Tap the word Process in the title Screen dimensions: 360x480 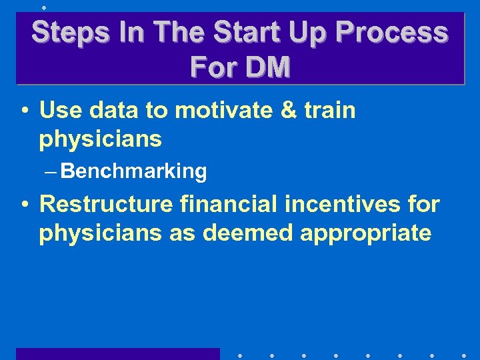[x=391, y=32]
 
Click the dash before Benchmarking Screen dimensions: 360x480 [x=52, y=172]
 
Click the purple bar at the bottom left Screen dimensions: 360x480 [x=117, y=354]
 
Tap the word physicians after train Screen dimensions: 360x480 [x=101, y=140]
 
